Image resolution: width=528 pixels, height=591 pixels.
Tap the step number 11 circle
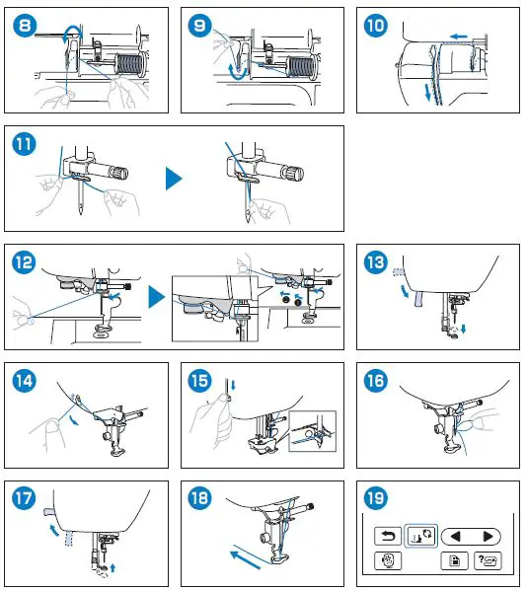(x=24, y=143)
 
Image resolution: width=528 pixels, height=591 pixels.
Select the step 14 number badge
(x=24, y=381)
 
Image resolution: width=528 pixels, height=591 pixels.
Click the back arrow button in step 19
(x=387, y=537)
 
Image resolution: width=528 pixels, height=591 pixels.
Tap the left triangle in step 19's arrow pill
(x=455, y=537)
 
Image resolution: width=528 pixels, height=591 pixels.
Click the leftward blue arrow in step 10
(x=457, y=36)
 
